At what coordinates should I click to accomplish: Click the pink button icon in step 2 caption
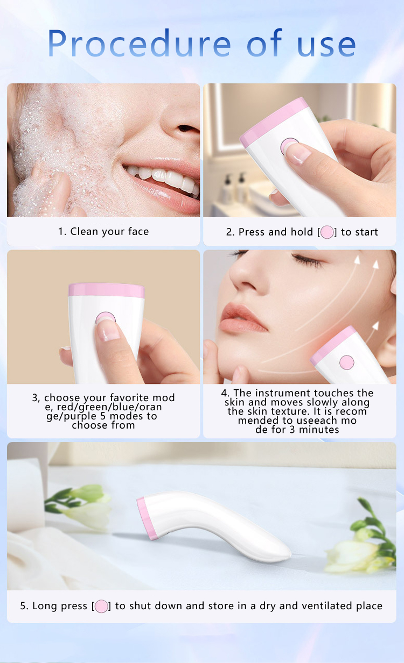327,232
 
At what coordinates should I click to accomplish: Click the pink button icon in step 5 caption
101,606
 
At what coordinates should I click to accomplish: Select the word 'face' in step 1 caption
138,232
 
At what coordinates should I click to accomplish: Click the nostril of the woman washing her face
187,129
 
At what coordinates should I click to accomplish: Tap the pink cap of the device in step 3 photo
106,290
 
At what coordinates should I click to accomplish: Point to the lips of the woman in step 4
243,317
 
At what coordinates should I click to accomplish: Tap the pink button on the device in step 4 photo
347,362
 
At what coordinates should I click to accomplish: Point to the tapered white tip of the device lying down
283,551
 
